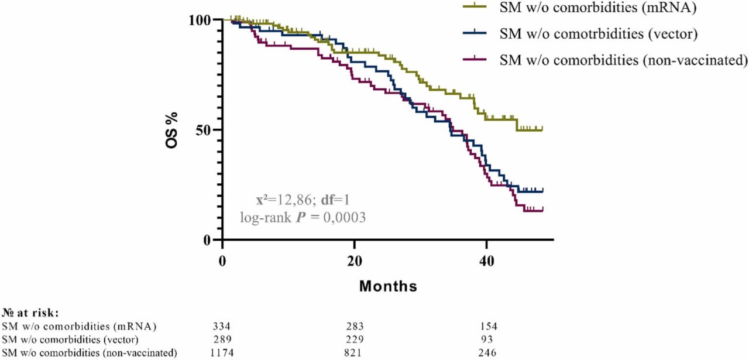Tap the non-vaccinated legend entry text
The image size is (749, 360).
pyautogui.click(x=624, y=60)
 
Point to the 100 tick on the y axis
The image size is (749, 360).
pyautogui.click(x=205, y=20)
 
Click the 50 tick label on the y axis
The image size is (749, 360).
pyautogui.click(x=208, y=129)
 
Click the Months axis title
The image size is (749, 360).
pyautogui.click(x=388, y=286)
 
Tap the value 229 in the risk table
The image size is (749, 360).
pyautogui.click(x=355, y=339)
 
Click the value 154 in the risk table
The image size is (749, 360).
pyautogui.click(x=487, y=325)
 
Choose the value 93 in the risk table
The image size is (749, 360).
pyautogui.click(x=487, y=339)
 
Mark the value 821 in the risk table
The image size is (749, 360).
pyautogui.click(x=355, y=352)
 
